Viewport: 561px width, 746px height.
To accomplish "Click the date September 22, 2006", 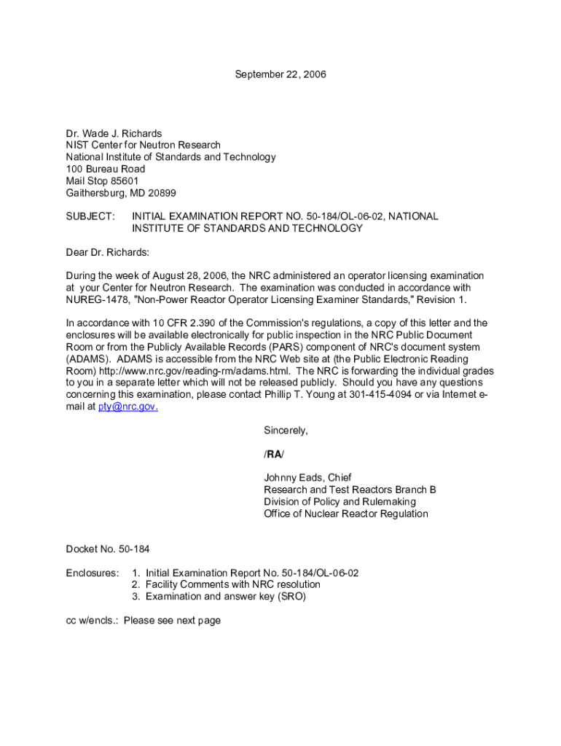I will coord(280,74).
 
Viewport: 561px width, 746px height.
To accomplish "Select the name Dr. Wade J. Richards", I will coord(114,133).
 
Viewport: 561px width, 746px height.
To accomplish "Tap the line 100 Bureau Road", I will coord(106,169).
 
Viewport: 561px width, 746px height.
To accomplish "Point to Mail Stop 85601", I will coord(102,181).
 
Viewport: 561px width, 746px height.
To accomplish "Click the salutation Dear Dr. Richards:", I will coord(107,252).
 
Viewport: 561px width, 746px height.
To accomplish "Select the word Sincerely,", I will coord(286,431).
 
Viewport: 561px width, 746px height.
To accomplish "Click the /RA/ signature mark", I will coord(274,455).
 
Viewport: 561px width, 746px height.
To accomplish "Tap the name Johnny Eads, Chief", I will coord(307,478).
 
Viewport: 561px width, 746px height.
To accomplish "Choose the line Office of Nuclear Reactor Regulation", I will coord(346,514).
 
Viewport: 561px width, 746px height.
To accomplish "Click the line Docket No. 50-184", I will coord(108,549).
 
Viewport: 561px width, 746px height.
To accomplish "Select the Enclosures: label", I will coord(92,573).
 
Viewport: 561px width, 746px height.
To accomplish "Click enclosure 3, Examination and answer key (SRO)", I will coord(225,597).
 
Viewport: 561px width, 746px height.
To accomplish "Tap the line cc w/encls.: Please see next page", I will coord(143,620).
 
